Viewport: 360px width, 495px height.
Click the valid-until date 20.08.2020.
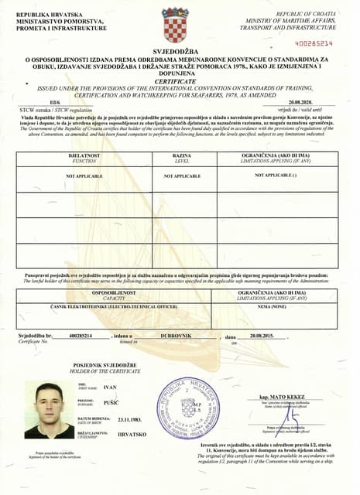[300, 102]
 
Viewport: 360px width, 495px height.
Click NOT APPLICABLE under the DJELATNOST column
[84, 176]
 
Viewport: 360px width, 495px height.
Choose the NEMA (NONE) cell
[276, 307]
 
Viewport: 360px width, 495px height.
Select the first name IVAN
[110, 386]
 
